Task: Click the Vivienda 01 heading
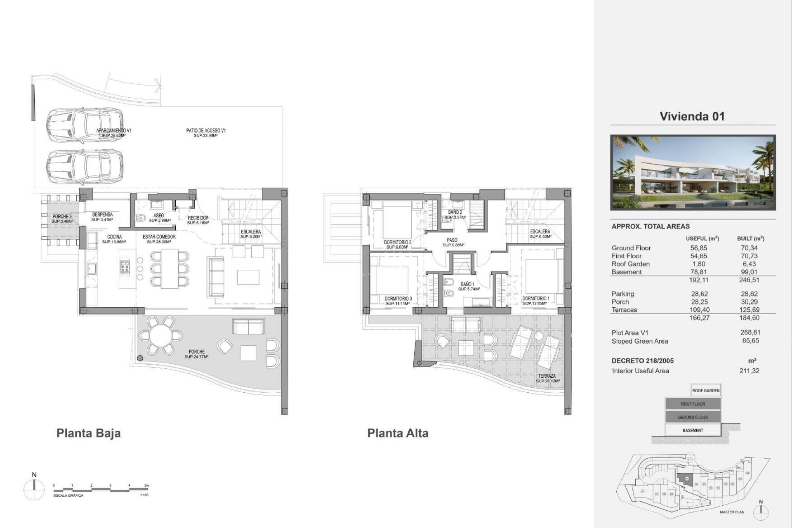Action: pos(692,116)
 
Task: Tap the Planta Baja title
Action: pos(88,433)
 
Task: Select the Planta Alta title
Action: pos(398,433)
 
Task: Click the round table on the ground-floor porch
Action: pos(161,336)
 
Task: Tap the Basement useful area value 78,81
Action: pos(698,272)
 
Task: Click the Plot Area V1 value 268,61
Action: pos(750,332)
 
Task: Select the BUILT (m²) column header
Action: pos(750,238)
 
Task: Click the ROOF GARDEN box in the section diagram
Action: pos(705,391)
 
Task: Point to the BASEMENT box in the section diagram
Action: pos(693,430)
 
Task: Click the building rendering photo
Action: pos(693,172)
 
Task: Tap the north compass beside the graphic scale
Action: pos(34,490)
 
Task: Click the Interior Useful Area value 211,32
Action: pos(749,371)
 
